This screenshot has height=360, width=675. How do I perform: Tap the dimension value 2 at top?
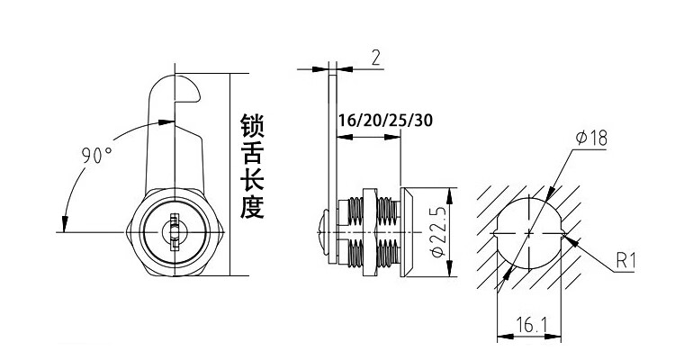pos(375,59)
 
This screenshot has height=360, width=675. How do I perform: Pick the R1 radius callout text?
pos(627,262)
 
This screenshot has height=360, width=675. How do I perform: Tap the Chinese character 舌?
pos(253,153)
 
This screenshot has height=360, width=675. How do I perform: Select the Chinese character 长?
pos(253,180)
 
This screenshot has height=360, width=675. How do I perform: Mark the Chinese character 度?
pos(253,208)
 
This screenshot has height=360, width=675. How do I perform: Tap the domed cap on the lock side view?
pos(318,233)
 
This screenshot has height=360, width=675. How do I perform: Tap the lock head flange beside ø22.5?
pos(407,232)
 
